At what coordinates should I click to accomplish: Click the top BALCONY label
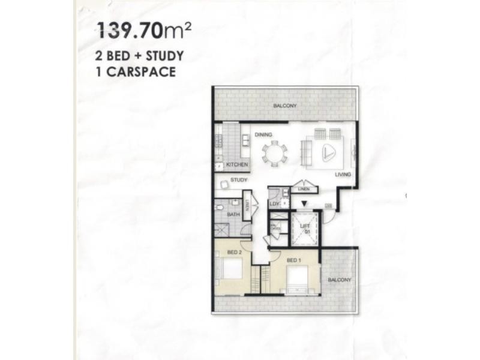pyautogui.click(x=285, y=106)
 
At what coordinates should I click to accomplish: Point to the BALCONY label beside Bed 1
pyautogui.click(x=340, y=280)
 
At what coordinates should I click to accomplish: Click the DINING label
pyautogui.click(x=263, y=135)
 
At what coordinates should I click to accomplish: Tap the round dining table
pyautogui.click(x=275, y=152)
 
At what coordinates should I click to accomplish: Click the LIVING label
pyautogui.click(x=343, y=175)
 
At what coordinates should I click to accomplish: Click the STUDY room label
pyautogui.click(x=239, y=179)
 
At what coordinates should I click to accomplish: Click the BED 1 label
pyautogui.click(x=293, y=260)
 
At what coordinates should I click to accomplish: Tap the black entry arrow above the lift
pyautogui.click(x=304, y=205)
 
